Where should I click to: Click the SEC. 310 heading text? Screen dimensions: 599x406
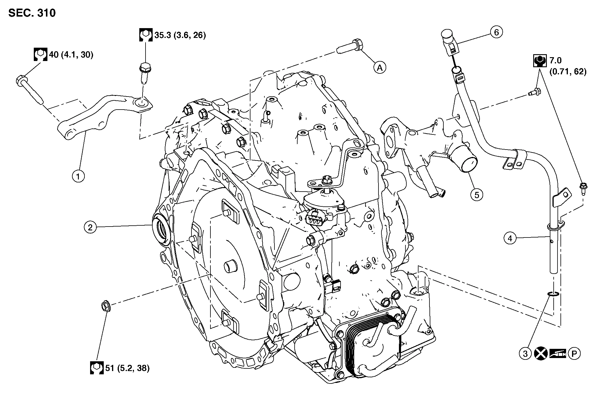pyautogui.click(x=32, y=13)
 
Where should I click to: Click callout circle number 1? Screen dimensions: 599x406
pyautogui.click(x=78, y=176)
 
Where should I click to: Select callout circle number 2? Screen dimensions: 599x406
pyautogui.click(x=90, y=227)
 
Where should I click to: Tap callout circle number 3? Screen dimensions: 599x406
pyautogui.click(x=525, y=354)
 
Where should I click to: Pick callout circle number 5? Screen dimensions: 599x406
pyautogui.click(x=477, y=195)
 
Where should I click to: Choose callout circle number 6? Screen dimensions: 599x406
pyautogui.click(x=496, y=32)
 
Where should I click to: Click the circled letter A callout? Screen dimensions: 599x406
pyautogui.click(x=380, y=68)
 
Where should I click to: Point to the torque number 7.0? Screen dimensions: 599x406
pyautogui.click(x=555, y=60)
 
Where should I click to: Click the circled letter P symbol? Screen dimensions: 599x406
pyautogui.click(x=574, y=354)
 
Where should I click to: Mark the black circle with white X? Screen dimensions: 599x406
pyautogui.click(x=541, y=354)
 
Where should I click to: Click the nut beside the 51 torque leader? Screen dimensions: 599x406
pyautogui.click(x=106, y=306)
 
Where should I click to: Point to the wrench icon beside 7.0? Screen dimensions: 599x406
pyautogui.click(x=539, y=61)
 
